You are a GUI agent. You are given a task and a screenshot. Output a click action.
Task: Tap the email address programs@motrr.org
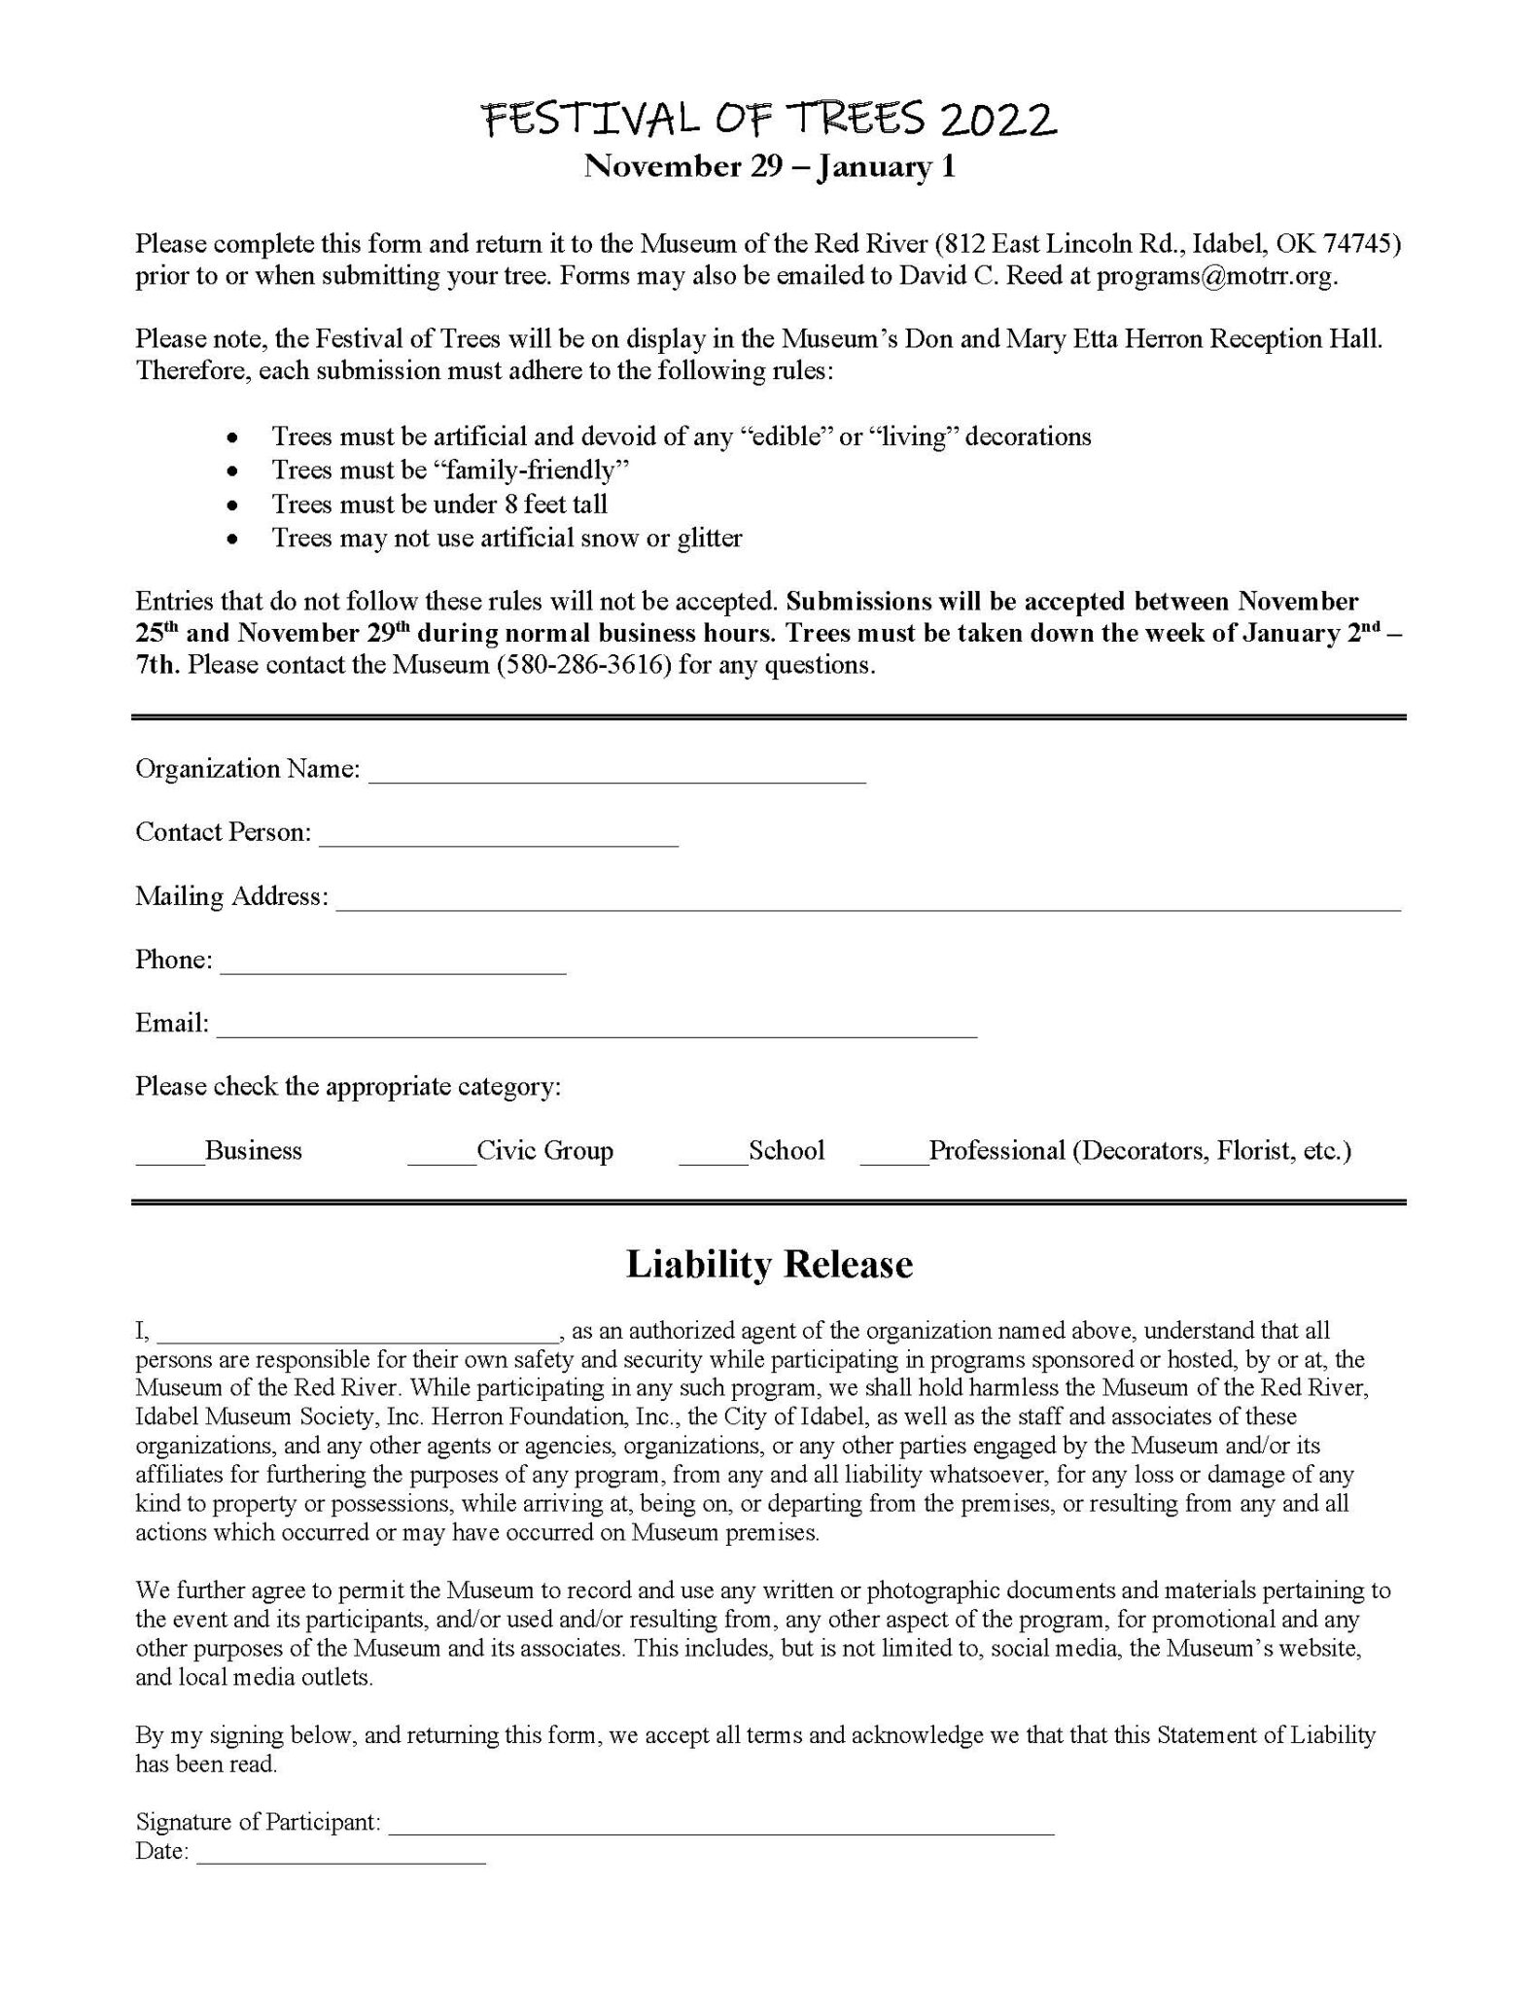pos(1216,275)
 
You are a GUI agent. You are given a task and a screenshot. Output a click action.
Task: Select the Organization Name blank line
pos(616,776)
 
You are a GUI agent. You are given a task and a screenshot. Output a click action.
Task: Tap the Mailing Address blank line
pos(867,903)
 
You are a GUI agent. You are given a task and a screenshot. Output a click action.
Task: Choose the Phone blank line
pos(393,966)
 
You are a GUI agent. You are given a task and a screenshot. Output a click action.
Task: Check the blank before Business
pos(169,1157)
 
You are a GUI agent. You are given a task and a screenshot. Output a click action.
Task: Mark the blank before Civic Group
pos(441,1157)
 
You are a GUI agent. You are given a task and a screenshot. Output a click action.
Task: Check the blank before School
pos(713,1157)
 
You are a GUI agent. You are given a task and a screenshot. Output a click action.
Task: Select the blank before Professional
pos(893,1157)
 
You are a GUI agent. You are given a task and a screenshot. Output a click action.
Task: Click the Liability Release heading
pos(769,1264)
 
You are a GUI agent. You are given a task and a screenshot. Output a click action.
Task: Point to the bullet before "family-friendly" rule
pos(231,472)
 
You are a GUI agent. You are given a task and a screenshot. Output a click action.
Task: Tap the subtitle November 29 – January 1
pos(769,167)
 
